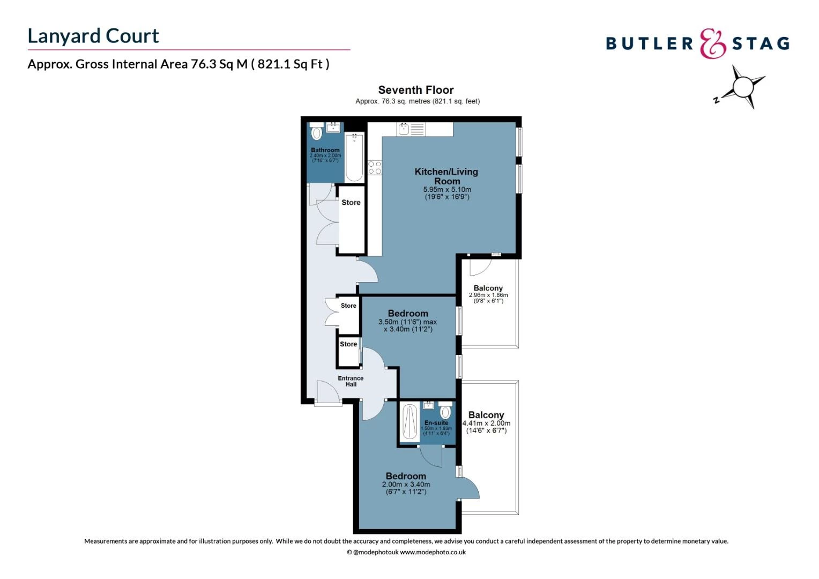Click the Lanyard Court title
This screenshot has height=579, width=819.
click(93, 36)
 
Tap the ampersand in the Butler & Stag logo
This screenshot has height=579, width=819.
click(712, 43)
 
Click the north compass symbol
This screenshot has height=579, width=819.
click(742, 87)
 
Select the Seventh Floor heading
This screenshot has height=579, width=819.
click(415, 90)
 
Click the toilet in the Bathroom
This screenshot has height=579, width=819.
click(317, 132)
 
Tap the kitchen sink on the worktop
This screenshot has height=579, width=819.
click(404, 129)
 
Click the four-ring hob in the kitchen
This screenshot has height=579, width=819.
click(375, 167)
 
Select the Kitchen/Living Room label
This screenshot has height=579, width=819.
click(446, 176)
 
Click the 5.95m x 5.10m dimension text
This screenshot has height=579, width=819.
click(447, 190)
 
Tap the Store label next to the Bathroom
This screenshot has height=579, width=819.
click(351, 203)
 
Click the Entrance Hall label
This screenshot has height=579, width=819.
click(351, 381)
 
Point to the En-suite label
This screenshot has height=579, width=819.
click(436, 423)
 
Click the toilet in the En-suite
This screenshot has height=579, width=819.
click(445, 412)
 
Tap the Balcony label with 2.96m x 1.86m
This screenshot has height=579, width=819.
click(488, 288)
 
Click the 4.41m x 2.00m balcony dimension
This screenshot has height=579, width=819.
click(486, 424)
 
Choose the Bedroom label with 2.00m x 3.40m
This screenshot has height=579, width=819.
click(406, 476)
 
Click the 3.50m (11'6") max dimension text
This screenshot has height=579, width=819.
click(407, 322)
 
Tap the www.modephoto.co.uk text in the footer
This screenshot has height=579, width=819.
click(433, 552)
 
